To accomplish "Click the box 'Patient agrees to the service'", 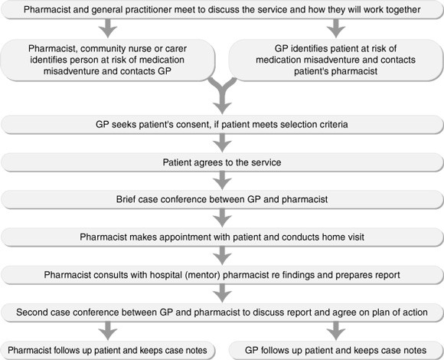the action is click(222, 162).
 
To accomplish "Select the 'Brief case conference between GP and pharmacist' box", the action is click(222, 199).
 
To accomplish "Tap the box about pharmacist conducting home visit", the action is click(222, 237).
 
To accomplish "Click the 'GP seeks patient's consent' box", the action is click(222, 124).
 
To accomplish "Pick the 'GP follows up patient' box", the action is click(336, 350).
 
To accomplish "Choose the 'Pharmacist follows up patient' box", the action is click(108, 350).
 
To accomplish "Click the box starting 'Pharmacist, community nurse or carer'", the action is click(108, 60).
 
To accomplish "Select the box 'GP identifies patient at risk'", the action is click(336, 60).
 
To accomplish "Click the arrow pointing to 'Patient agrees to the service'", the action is click(222, 143).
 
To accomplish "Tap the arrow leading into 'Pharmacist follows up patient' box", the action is click(108, 331).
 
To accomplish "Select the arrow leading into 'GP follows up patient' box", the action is click(336, 331).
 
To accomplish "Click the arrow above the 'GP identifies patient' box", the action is click(336, 28).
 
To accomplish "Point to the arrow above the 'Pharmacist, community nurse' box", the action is click(108, 28).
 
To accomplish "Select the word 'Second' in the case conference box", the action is click(31, 313).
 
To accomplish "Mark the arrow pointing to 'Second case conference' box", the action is click(222, 293).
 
